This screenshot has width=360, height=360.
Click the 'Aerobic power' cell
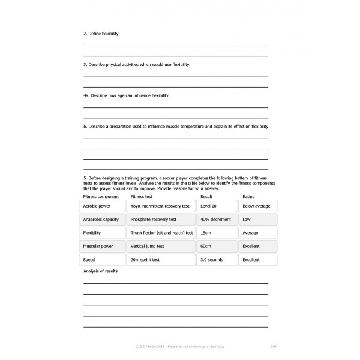click(x=103, y=206)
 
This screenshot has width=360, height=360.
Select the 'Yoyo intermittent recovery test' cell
click(x=161, y=206)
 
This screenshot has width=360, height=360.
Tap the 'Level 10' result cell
click(x=217, y=206)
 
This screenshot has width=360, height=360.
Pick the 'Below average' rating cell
click(x=258, y=206)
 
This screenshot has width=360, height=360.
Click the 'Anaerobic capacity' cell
click(x=103, y=220)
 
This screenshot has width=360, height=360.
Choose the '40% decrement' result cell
click(x=217, y=220)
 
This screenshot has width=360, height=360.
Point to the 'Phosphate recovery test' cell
click(x=161, y=220)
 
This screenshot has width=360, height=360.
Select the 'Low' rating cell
click(x=258, y=220)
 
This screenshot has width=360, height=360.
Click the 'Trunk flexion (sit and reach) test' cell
click(x=161, y=233)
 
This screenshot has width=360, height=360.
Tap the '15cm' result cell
click(x=217, y=233)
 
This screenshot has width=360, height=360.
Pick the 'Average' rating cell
click(x=258, y=233)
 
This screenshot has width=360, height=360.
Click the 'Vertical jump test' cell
click(x=161, y=246)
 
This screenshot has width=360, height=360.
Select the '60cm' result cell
click(x=217, y=246)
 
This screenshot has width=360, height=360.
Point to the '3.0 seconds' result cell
click(x=217, y=260)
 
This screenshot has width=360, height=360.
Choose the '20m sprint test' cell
click(x=161, y=260)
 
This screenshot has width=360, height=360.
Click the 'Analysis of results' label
click(x=100, y=271)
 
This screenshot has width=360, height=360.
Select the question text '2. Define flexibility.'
click(x=101, y=34)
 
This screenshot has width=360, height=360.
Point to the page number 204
click(x=274, y=346)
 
